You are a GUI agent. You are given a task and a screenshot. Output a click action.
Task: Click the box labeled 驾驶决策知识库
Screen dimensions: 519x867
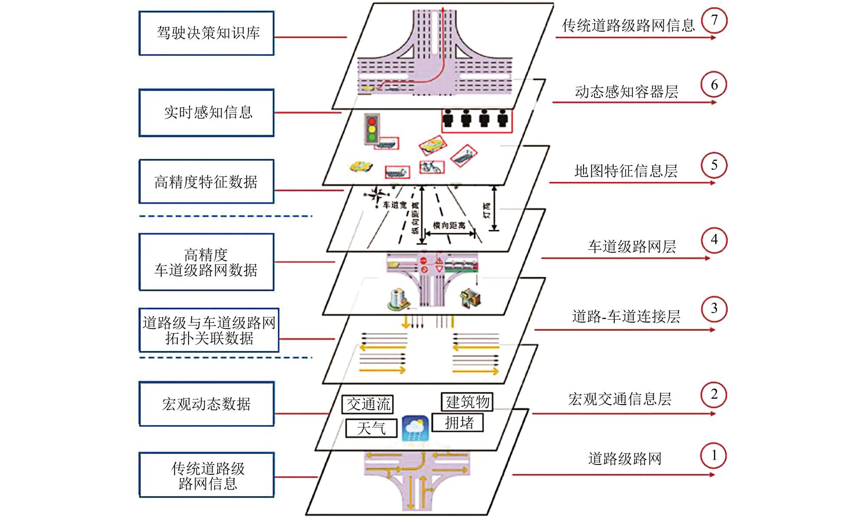click(x=206, y=33)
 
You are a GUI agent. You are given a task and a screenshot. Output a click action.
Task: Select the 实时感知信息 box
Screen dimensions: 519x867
click(x=206, y=113)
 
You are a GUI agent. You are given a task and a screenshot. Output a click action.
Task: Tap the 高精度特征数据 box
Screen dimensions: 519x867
click(x=206, y=182)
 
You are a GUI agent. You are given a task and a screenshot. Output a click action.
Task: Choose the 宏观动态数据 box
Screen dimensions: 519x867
click(x=206, y=404)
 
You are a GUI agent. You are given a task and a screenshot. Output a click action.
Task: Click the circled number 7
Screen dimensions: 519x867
click(x=714, y=21)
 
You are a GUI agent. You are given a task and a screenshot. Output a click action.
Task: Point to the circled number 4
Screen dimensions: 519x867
click(x=714, y=240)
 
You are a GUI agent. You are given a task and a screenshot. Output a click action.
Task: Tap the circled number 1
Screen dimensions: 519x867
click(x=714, y=456)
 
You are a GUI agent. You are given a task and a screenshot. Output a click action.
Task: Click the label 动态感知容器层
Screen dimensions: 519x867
click(x=626, y=92)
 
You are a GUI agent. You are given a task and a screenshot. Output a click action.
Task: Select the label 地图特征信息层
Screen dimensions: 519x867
click(x=626, y=171)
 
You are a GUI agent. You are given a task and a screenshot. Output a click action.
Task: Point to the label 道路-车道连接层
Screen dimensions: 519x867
click(x=626, y=317)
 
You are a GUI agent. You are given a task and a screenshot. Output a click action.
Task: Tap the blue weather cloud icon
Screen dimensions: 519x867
click(x=415, y=428)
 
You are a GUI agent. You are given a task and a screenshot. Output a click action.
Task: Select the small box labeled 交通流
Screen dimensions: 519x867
click(x=368, y=404)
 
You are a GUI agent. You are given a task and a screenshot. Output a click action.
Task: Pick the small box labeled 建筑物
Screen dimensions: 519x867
click(x=467, y=402)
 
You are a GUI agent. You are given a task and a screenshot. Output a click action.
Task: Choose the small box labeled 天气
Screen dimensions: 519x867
click(x=371, y=428)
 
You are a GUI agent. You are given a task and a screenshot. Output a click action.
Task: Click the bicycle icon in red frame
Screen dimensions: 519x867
click(x=430, y=167)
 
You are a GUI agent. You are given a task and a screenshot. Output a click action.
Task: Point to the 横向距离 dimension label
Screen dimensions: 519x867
click(x=449, y=226)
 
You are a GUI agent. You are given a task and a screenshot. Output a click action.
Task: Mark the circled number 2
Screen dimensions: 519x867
click(x=714, y=395)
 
